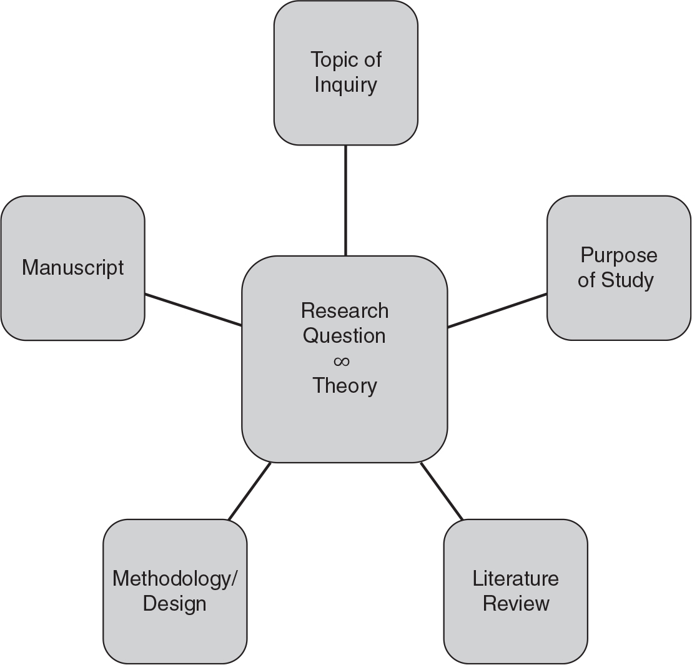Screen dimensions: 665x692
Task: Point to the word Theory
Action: coord(345,386)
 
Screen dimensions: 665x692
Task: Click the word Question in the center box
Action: coord(344,336)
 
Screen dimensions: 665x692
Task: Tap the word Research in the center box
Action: coord(345,310)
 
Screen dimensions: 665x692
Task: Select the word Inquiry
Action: coord(345,84)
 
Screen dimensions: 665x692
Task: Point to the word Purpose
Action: coord(618,255)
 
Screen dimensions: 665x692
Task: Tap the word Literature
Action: coord(516,579)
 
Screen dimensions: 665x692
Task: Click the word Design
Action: coord(175,604)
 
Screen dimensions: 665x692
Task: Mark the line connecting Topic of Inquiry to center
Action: coord(345,200)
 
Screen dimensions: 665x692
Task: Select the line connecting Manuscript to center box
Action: coord(194,310)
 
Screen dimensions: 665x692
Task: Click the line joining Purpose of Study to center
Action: coord(497,310)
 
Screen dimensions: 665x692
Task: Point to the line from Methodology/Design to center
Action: coord(250,491)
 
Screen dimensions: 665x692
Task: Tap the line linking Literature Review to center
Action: coord(442,491)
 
